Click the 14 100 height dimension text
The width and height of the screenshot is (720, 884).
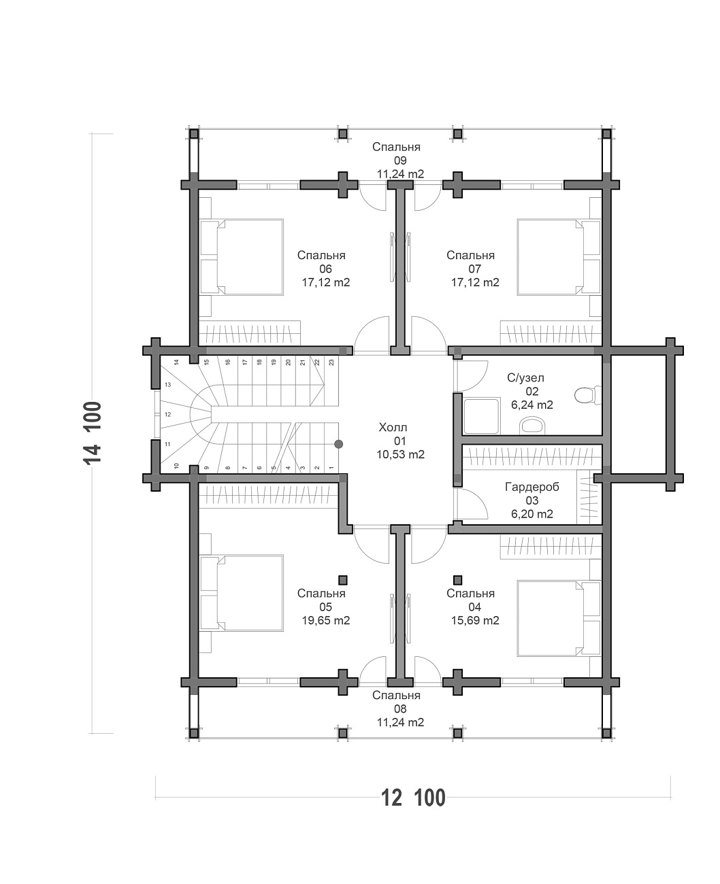coord(92,433)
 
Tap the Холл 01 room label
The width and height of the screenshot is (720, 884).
coord(400,441)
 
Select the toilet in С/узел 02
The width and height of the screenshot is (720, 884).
coord(587,394)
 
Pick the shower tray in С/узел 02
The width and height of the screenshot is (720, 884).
coord(481,416)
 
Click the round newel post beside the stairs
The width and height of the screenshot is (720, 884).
coord(338,444)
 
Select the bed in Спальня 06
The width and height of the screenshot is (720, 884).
coord(241,257)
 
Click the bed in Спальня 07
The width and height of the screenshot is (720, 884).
coord(559,257)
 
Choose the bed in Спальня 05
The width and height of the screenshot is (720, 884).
coord(241,593)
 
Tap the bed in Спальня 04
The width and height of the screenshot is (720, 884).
coord(559,618)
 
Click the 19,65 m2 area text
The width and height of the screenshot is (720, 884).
coord(326,620)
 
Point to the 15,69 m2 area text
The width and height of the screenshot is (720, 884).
coord(475,620)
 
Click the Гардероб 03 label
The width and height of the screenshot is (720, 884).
coord(532,500)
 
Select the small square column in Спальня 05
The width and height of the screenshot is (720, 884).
coord(343,580)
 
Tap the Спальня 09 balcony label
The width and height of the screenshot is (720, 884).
coord(400,160)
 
